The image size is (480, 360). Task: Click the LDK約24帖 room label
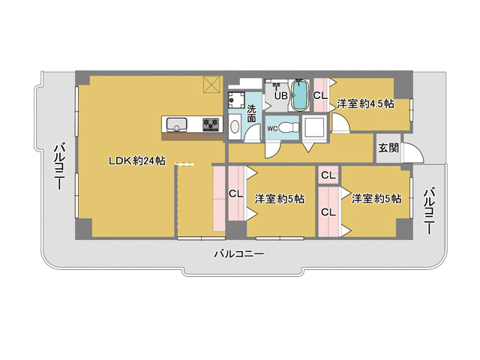[x=137, y=160]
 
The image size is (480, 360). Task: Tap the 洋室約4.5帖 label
[x=365, y=103]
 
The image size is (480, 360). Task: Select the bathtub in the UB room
[x=300, y=95]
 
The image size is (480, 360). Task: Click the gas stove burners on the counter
[x=211, y=124]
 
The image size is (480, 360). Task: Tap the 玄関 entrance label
[x=388, y=148]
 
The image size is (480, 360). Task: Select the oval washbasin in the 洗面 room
[x=235, y=127]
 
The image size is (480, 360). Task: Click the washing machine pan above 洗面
[x=236, y=100]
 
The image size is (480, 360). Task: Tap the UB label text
[x=280, y=96]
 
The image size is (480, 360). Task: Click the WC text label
[x=272, y=129]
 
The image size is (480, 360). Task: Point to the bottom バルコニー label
[x=238, y=254]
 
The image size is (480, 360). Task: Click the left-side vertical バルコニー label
[x=59, y=166]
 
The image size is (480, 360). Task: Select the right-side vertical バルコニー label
[x=430, y=211]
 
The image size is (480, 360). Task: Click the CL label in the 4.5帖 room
[x=320, y=96]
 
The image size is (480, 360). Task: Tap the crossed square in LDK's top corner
[x=212, y=85]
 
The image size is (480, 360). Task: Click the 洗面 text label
[x=252, y=113]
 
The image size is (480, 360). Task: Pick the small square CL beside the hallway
[x=328, y=175]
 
